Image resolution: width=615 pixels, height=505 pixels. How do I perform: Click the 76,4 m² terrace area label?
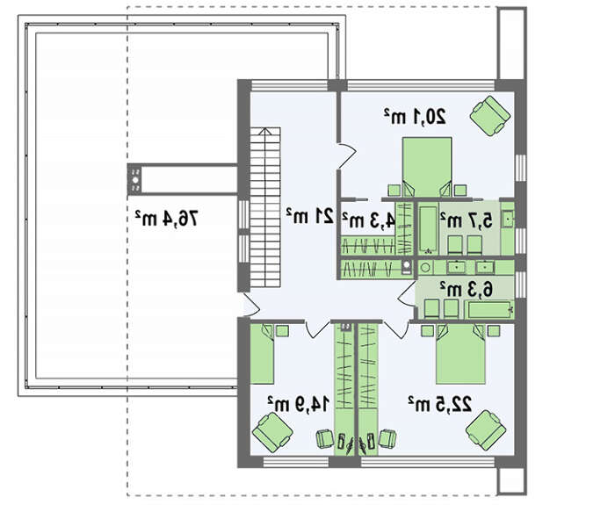166,218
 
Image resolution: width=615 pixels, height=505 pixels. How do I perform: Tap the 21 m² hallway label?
310,216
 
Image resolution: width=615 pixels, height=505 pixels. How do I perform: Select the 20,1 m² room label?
415,116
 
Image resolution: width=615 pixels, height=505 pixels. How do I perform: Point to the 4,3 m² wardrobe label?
368,220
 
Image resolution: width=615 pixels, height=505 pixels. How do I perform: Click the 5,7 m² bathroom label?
466,220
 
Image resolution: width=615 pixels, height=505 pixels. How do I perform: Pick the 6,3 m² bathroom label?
466,289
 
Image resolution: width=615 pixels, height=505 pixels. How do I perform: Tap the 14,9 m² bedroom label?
298,404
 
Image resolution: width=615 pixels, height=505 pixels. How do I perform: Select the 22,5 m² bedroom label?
439,404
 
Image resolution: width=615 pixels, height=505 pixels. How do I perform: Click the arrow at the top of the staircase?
265,133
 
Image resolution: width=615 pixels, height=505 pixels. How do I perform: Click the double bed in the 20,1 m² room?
427,167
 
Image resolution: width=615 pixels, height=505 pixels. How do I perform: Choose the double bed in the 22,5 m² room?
461,354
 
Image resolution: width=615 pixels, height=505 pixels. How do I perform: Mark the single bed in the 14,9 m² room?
262,354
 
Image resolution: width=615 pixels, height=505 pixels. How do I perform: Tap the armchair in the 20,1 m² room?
490,116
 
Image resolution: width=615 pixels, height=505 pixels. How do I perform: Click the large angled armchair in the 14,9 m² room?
272,432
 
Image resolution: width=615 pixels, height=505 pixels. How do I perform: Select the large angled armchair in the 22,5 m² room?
486,430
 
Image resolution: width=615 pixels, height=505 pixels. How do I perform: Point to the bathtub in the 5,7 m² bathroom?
429,229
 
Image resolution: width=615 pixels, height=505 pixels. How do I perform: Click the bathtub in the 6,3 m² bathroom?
489,309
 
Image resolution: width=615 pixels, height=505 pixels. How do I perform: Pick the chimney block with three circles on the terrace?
135,179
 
